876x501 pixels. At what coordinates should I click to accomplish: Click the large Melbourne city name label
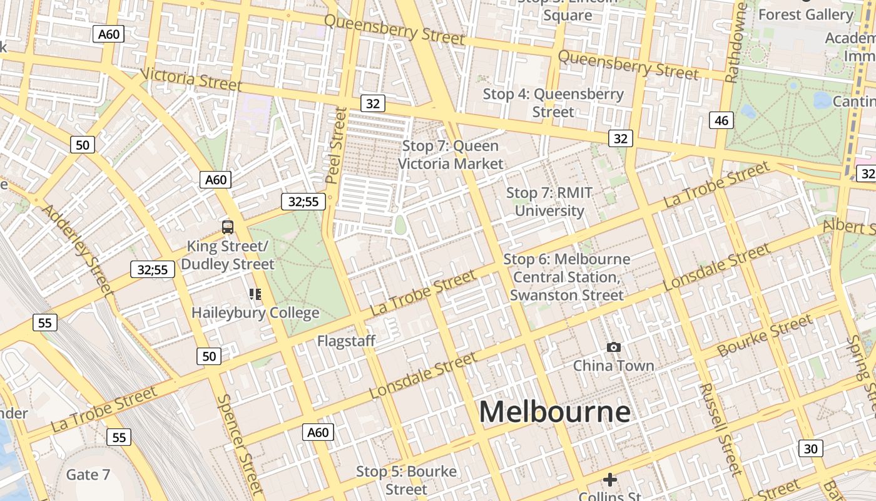point(554,412)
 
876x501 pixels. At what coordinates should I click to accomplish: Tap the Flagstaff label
point(346,341)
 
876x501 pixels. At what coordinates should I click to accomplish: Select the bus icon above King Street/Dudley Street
point(228,227)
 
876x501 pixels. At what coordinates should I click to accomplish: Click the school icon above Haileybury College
point(255,294)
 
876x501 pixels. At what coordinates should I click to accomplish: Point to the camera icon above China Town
point(614,347)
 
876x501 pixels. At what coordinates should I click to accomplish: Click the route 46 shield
point(721,120)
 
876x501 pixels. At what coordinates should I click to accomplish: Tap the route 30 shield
point(811,448)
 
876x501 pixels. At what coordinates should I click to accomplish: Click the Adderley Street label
point(78,249)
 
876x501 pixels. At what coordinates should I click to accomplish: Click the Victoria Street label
point(190,78)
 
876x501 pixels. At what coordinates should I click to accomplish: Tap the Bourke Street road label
point(765,336)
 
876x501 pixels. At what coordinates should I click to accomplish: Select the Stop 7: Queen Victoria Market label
point(451,155)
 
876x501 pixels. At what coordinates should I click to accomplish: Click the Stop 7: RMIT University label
point(549,202)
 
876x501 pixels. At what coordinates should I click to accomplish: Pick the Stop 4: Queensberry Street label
point(553,103)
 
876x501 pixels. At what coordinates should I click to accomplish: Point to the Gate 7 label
point(88,475)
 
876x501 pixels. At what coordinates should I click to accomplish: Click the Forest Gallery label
point(805,14)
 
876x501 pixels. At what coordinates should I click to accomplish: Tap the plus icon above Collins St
point(609,480)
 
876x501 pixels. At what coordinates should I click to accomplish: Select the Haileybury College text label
point(255,312)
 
